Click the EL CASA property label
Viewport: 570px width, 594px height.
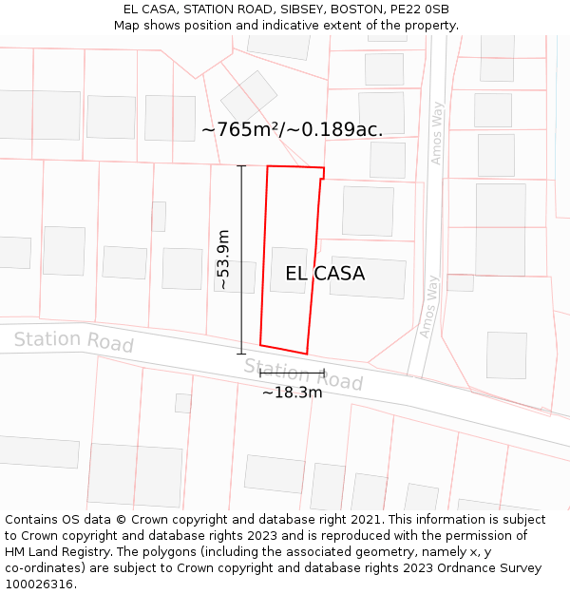[x=325, y=274]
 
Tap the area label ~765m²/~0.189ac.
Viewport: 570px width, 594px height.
[x=293, y=130]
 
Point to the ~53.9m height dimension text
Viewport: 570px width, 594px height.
[x=223, y=259]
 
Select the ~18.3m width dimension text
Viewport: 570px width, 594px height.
[x=293, y=392]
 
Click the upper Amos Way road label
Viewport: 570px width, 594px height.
[x=436, y=132]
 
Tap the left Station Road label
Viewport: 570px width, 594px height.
[x=73, y=340]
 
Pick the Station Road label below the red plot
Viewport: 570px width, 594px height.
[x=303, y=374]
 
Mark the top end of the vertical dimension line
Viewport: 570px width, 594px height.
[x=241, y=166]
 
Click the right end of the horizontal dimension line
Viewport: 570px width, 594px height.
[x=325, y=374]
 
